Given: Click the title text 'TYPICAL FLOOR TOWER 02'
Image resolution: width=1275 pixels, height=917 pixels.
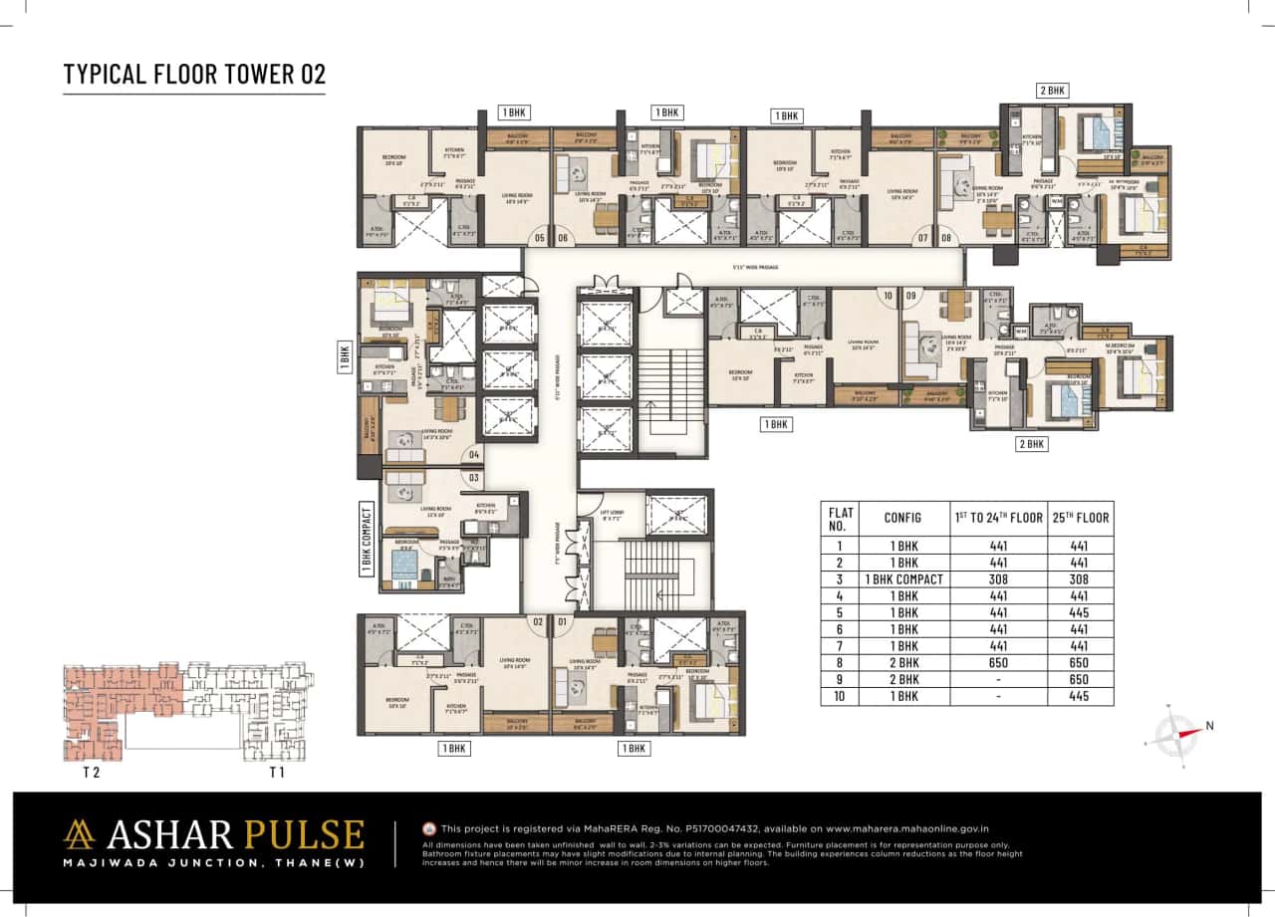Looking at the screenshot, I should pos(194,75).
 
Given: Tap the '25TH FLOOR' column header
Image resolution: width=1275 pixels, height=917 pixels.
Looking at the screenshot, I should pos(1081,518).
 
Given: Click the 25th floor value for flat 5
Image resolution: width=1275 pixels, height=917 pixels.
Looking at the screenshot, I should pos(1081,612).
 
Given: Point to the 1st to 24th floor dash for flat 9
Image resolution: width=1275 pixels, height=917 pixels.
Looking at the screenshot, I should pos(997,679).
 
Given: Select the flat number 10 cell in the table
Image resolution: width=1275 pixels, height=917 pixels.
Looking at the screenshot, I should pos(840,696).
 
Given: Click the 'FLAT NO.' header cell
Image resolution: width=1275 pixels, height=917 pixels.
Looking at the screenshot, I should pos(840,518).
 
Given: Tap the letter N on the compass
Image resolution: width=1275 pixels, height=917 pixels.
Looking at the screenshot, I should pos(1209,726).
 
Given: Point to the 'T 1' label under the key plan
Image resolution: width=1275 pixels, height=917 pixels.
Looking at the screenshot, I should pos(277,772).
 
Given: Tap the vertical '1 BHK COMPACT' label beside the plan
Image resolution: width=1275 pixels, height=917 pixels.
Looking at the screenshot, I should pos(366,539).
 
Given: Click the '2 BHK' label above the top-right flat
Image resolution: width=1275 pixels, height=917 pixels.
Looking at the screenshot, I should pos(1053,91).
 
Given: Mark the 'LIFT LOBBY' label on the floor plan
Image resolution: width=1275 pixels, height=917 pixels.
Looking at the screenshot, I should pos(612,515).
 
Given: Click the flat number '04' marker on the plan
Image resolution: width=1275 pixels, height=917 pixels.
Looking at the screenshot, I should pos(474,455).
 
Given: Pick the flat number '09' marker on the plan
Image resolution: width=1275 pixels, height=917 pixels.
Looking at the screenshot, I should pos(910,296).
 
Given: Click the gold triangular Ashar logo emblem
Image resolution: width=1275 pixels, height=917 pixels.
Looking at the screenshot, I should pos(79,834).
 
